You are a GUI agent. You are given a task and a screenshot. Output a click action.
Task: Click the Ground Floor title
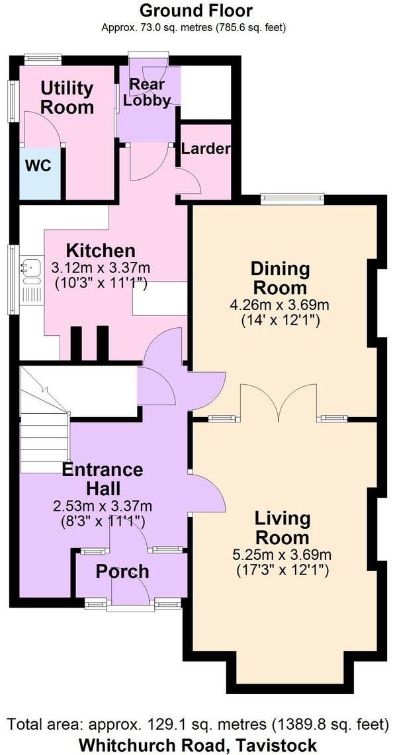(x=196, y=10)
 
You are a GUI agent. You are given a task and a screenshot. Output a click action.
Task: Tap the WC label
(x=38, y=166)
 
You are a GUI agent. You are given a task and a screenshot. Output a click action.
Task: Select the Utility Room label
(x=67, y=98)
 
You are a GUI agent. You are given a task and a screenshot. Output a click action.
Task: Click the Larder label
(x=206, y=149)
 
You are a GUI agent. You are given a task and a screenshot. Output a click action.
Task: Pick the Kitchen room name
(x=101, y=251)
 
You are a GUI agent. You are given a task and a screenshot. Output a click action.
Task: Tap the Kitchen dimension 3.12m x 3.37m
(x=101, y=267)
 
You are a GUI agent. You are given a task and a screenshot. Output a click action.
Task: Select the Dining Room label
(x=280, y=278)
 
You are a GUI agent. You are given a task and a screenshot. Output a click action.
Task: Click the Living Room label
(x=282, y=528)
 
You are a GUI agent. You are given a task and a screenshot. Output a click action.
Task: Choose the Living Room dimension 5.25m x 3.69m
(x=282, y=555)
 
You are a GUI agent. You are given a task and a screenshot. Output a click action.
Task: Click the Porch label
(x=122, y=572)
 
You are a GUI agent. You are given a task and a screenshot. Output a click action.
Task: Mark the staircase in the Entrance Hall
(x=45, y=420)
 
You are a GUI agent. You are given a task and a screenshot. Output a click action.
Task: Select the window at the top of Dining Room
(x=292, y=198)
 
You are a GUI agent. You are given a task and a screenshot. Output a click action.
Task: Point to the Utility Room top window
(x=43, y=60)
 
